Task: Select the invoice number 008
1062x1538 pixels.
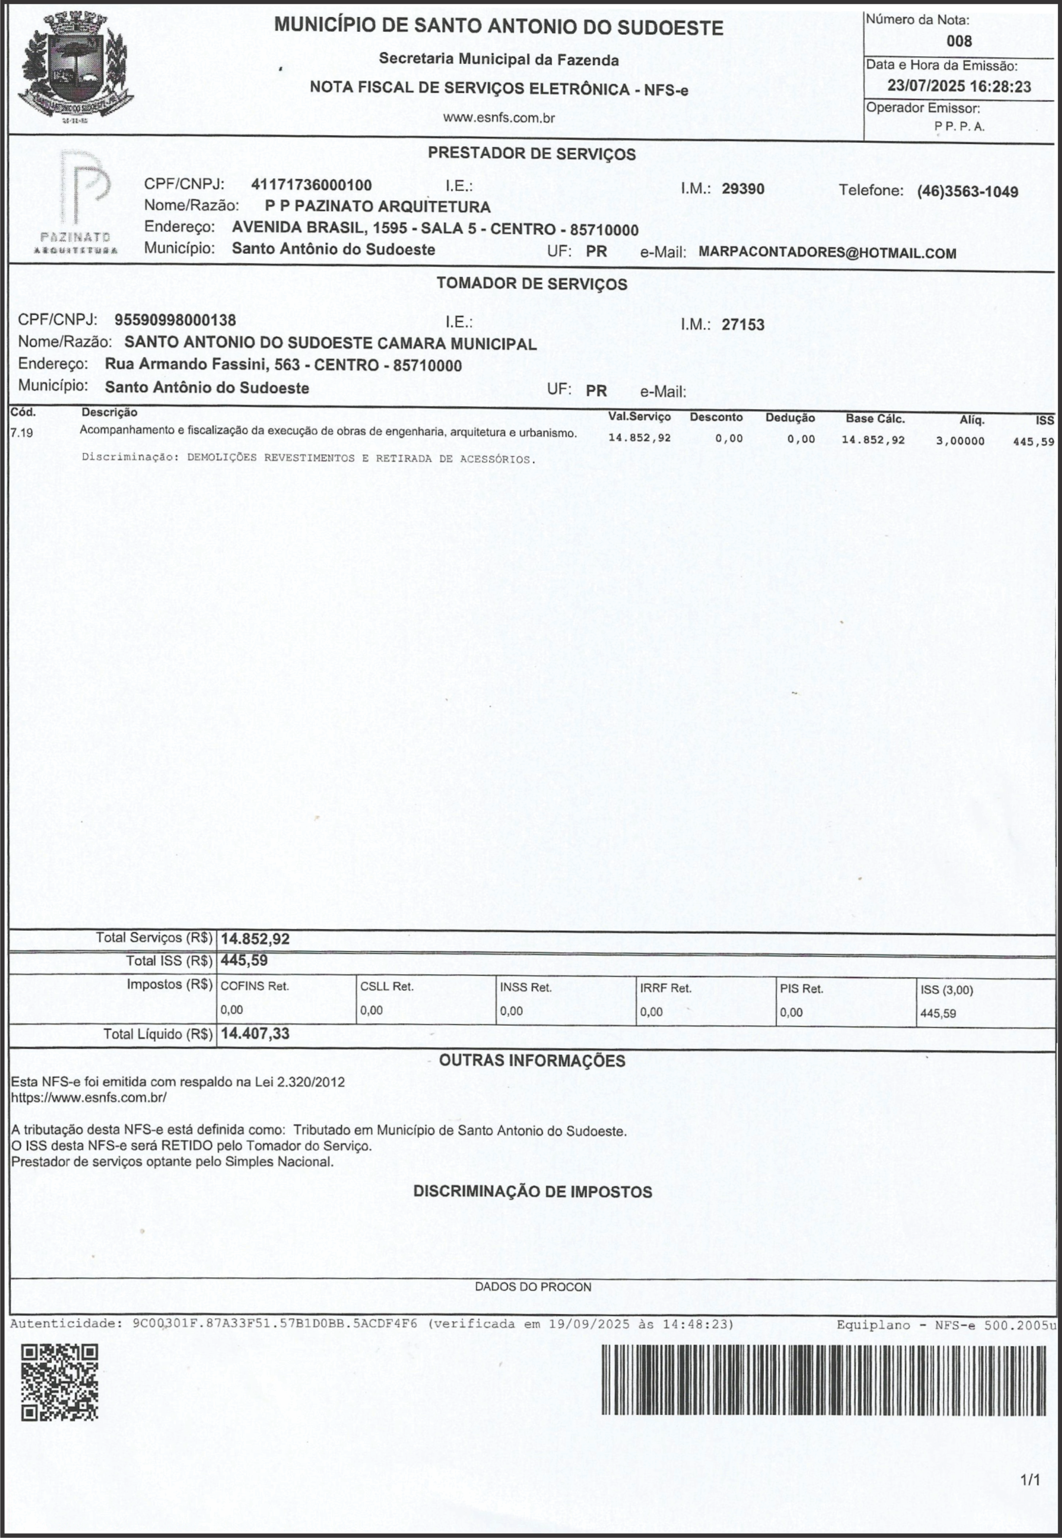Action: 959,41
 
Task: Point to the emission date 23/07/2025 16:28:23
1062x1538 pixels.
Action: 959,87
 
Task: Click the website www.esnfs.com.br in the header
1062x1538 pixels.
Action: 499,118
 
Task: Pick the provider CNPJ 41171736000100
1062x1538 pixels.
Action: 312,185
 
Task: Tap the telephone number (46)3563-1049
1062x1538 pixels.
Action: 967,192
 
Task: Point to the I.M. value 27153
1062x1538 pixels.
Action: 743,325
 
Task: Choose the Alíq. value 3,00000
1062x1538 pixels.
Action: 960,441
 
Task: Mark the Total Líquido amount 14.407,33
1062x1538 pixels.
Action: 256,1033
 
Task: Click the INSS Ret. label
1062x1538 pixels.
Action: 526,988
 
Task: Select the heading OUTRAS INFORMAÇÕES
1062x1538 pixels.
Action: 532,1060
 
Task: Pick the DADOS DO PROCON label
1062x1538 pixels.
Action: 532,1287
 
